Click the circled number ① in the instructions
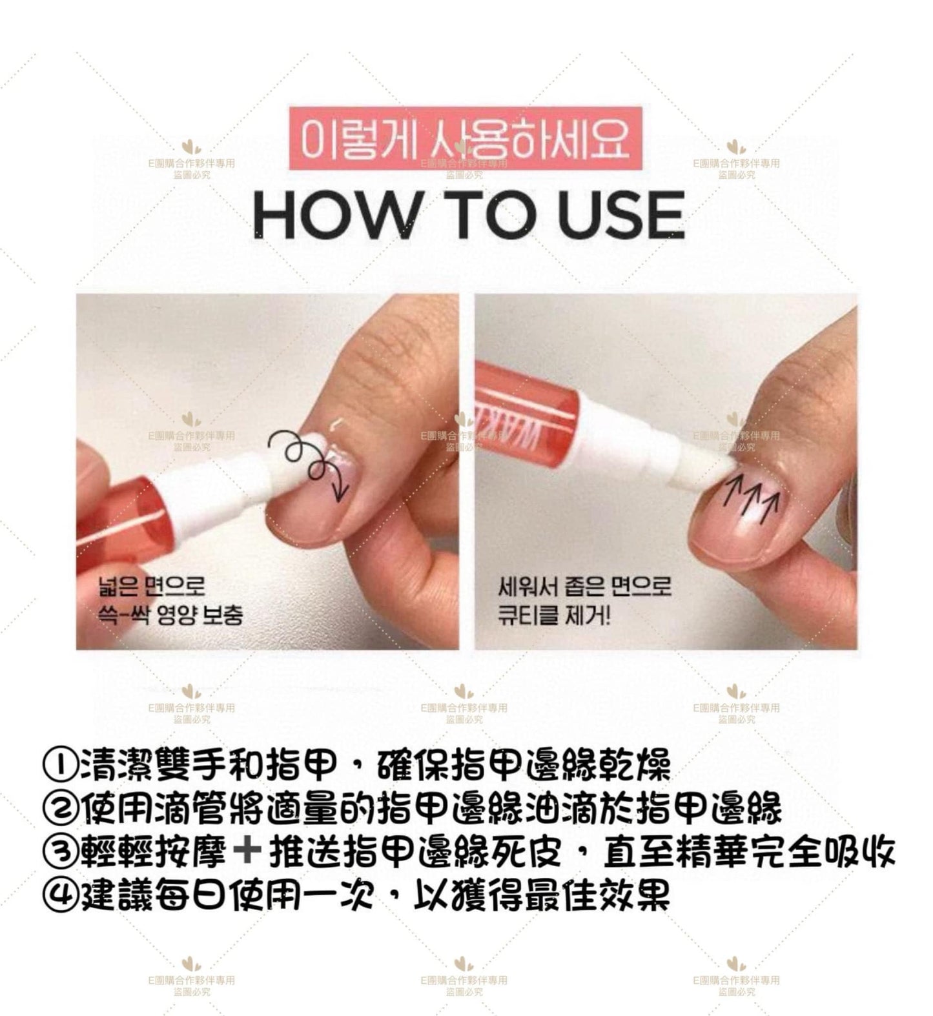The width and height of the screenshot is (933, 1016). tap(59, 766)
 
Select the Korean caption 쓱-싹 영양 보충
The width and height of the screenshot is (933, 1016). tap(170, 615)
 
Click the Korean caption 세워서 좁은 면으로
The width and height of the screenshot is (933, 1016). tap(584, 586)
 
